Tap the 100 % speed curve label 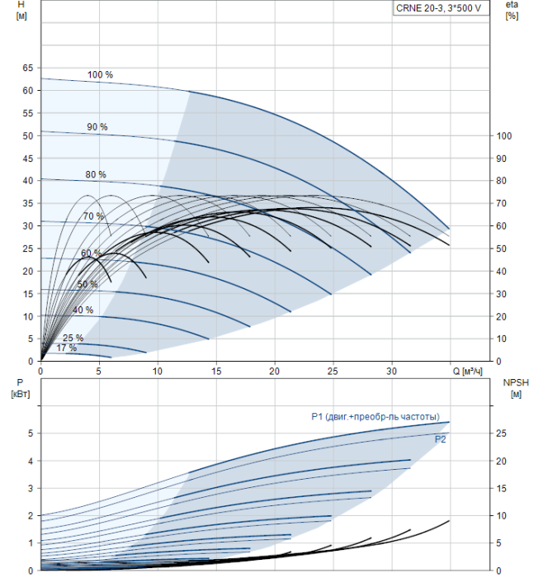[100, 75]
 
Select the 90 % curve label [97, 127]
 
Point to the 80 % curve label [96, 175]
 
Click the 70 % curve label [93, 216]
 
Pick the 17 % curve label [66, 348]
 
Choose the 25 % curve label [73, 339]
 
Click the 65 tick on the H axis [26, 68]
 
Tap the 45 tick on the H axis [26, 159]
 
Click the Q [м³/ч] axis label [473, 371]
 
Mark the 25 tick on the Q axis [333, 372]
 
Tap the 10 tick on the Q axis [158, 372]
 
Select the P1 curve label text [375, 416]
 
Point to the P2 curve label [441, 440]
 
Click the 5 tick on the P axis [29, 433]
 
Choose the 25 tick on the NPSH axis [503, 433]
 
